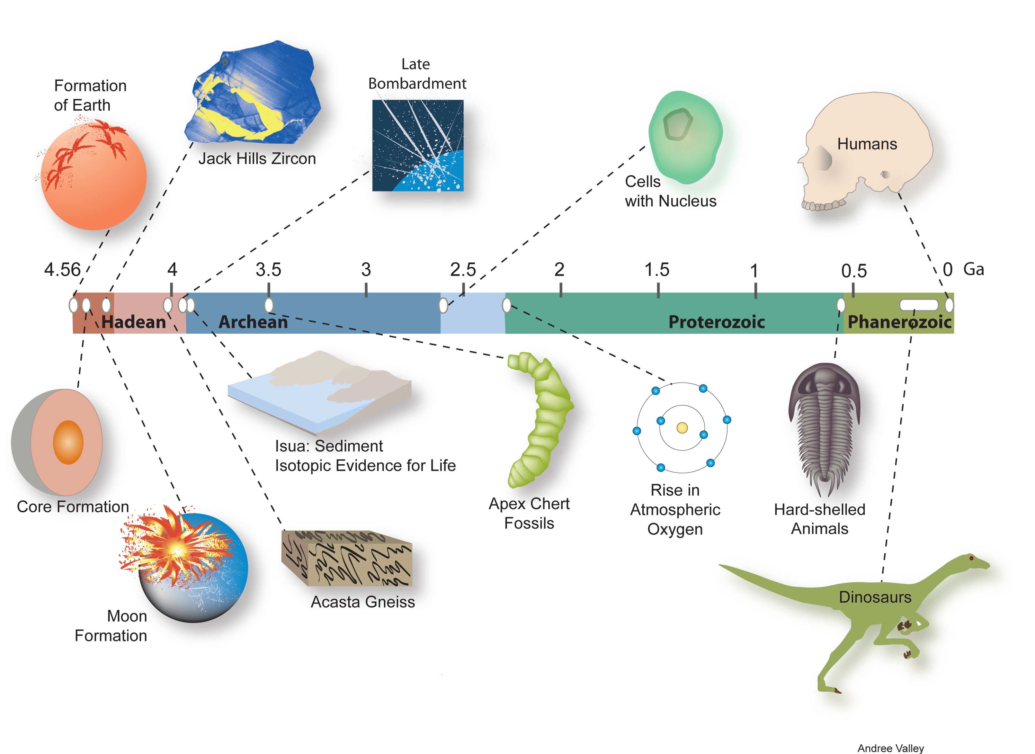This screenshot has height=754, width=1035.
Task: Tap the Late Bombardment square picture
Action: pos(417,145)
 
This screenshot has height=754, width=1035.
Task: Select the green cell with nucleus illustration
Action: pos(684,137)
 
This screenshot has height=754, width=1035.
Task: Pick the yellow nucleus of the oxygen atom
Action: pos(682,428)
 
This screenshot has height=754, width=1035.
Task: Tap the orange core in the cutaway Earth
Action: pos(68,442)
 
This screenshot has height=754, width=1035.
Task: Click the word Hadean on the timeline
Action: pos(133,322)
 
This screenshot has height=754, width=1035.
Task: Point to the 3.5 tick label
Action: pos(268,270)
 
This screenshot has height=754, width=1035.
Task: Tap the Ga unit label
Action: pos(973,269)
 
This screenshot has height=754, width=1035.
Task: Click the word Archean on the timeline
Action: pos(253,322)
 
